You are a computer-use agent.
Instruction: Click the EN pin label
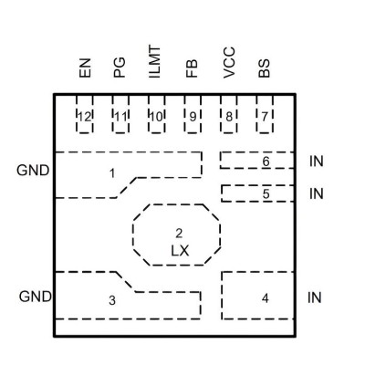[x=85, y=68]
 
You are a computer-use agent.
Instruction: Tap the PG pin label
[x=120, y=68]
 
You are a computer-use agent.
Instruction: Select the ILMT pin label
[x=154, y=62]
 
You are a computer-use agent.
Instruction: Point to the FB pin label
[x=192, y=68]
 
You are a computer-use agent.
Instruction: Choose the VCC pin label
[x=229, y=63]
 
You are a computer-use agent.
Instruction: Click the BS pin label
[x=265, y=68]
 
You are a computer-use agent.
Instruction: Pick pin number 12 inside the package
[x=85, y=117]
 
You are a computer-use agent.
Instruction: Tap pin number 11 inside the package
[x=120, y=117]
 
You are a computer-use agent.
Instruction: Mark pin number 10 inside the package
[x=156, y=117]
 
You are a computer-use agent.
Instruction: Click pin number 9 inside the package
[x=193, y=117]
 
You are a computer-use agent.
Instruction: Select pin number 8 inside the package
[x=229, y=117]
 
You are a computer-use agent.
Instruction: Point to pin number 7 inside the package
[x=265, y=117]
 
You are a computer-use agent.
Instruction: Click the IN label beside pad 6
[x=317, y=162]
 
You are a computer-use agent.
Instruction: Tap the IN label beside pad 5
[x=317, y=193]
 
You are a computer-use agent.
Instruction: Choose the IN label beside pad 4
[x=315, y=297]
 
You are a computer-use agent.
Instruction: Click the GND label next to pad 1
[x=33, y=171]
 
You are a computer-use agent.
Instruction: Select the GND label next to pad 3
[x=36, y=297]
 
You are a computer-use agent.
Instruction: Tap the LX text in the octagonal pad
[x=180, y=251]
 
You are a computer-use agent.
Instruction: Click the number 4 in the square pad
[x=266, y=298]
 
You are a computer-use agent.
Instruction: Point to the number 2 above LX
[x=179, y=234]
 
